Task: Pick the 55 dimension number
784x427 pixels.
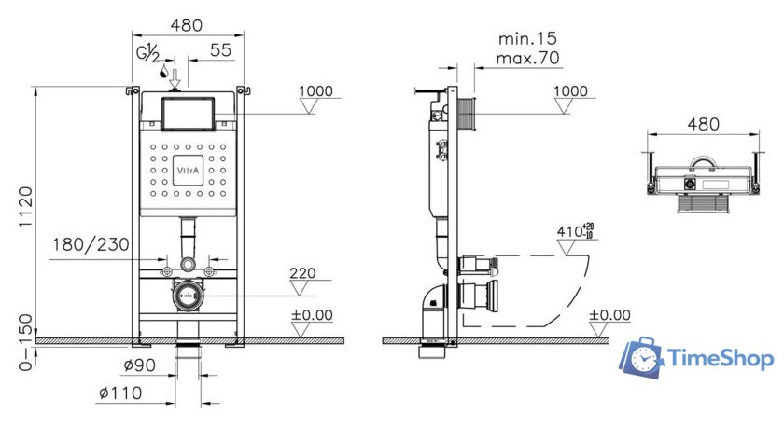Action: coord(220,50)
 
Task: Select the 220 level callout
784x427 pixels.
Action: coord(302,274)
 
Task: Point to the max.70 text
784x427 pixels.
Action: coord(528,59)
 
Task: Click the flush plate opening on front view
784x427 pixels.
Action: coord(188,114)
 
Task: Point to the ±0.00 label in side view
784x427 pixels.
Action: coord(610,315)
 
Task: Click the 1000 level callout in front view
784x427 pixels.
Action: coord(315,91)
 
